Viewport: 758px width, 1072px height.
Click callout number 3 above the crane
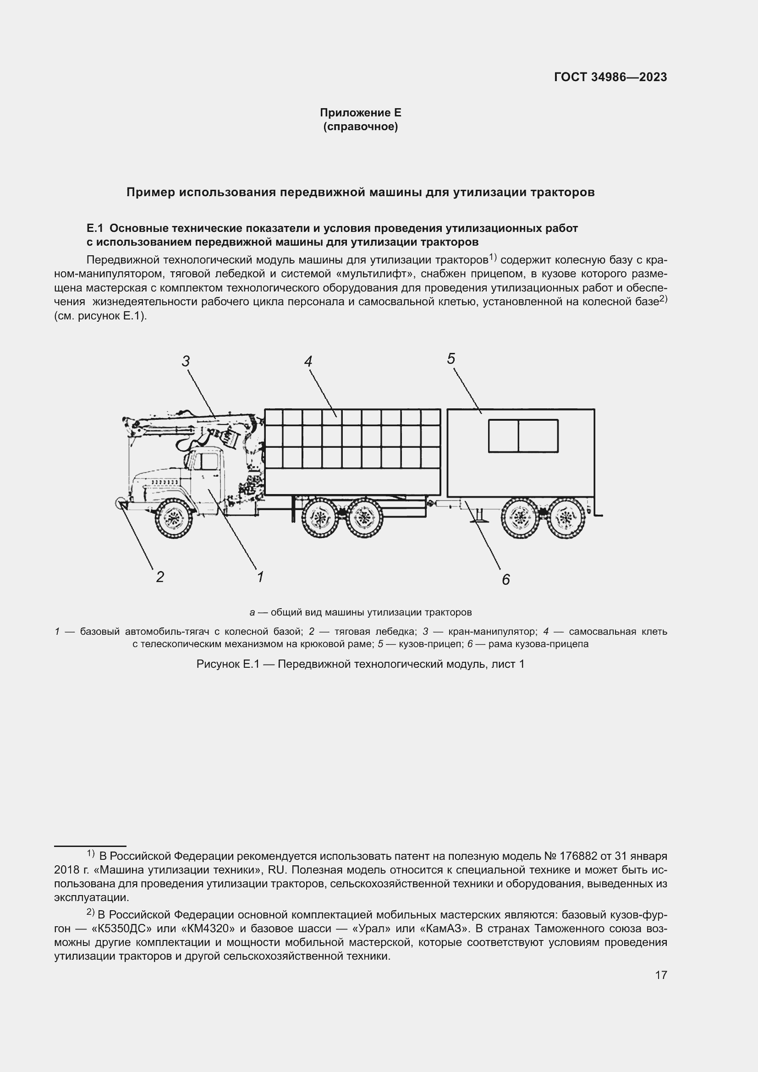[186, 361]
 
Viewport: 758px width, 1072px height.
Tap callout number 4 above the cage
[308, 361]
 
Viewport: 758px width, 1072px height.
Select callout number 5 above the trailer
[451, 358]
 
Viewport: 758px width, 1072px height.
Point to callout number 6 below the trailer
[505, 579]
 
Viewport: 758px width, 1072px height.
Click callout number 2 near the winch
[159, 577]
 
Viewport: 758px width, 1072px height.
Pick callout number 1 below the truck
[260, 577]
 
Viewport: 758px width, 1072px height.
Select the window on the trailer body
[523, 435]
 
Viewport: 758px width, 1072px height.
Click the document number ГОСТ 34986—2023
[610, 77]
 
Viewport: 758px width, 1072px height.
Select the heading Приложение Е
[360, 113]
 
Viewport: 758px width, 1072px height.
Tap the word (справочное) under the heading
[360, 126]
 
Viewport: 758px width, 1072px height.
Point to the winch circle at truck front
[120, 503]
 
